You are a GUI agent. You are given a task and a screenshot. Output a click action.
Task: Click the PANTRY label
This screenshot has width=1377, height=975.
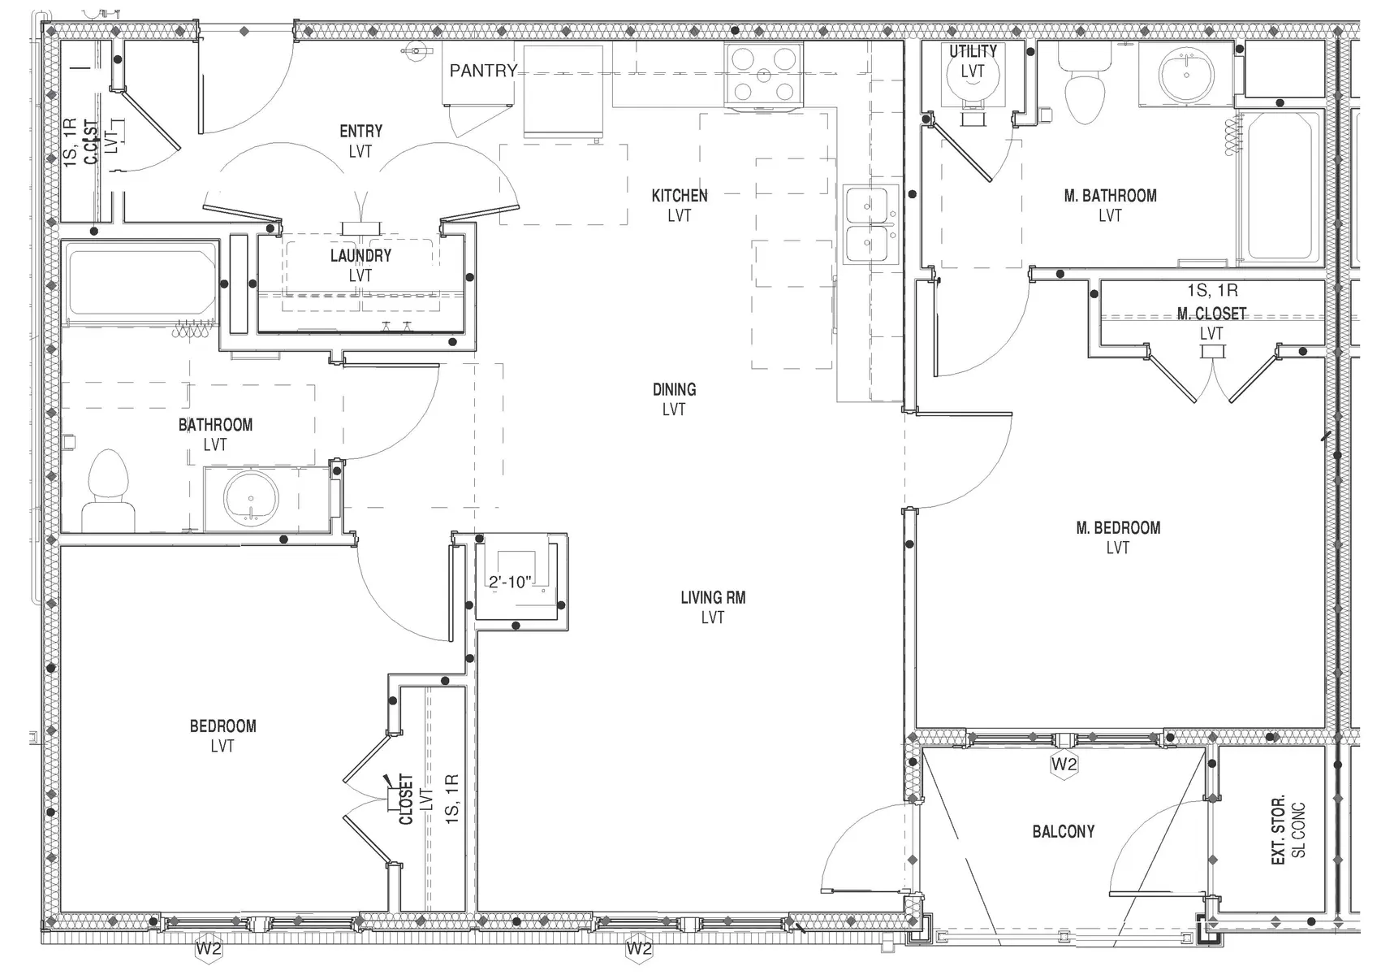point(483,71)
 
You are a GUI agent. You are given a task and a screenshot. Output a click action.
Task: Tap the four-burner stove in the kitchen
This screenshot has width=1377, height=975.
point(763,75)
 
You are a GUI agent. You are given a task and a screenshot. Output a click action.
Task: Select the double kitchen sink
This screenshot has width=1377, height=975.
point(870,224)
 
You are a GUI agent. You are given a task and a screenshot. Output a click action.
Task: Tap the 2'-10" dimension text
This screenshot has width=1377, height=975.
point(510,582)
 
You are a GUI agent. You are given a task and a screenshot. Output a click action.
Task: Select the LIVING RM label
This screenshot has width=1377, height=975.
point(713,598)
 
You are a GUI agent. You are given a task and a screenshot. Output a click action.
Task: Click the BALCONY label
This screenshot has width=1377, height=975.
point(1063,831)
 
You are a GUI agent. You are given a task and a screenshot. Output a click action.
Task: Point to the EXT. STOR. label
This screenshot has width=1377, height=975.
point(1280,829)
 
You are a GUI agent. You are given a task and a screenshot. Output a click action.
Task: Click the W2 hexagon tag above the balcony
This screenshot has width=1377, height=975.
point(1064,765)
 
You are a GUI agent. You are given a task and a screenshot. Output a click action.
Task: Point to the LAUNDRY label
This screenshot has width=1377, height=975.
point(360,256)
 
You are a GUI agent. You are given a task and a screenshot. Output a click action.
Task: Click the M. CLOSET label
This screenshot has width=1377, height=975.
point(1211,313)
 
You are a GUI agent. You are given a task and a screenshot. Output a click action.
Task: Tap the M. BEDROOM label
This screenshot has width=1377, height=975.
point(1118,528)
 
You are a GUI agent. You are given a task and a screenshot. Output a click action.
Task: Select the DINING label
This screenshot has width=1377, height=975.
point(674,389)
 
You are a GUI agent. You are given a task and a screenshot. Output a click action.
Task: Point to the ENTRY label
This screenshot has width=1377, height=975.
point(360,132)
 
